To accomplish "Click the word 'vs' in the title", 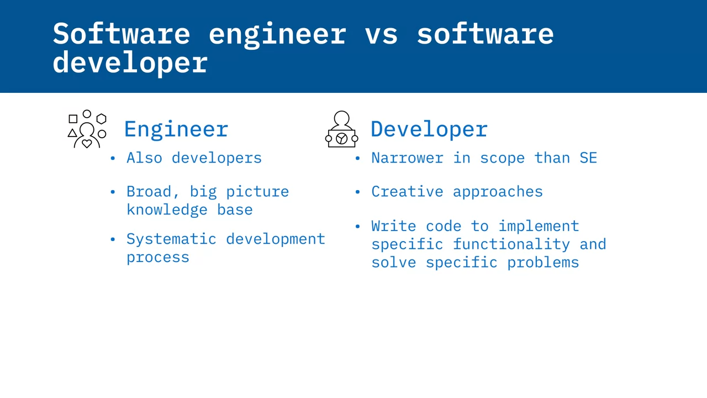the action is coord(381,35).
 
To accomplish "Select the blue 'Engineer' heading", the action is coord(176,129).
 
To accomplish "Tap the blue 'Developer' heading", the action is coord(429,129).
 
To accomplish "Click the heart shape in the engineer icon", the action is coord(87,144).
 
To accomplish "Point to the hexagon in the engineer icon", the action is coord(101,119).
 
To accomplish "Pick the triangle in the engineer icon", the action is coord(72,133).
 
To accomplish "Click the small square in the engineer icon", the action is coord(73,119).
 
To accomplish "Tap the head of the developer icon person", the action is coord(341,118).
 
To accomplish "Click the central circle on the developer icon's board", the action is coord(341,138).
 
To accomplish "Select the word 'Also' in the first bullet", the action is coord(144,158).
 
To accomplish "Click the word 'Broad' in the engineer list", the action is coord(149,192).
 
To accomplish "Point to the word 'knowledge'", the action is coord(167,210).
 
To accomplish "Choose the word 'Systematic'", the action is coord(171,239).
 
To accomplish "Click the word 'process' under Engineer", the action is coord(158,258).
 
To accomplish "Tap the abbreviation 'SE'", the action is coord(588,158).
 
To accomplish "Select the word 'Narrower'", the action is coord(408,158).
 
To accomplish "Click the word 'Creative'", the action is coord(408,192).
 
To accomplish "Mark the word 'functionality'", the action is coord(511,244).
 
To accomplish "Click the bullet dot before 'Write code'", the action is coord(357,226).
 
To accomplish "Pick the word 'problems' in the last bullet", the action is coord(543,263).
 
